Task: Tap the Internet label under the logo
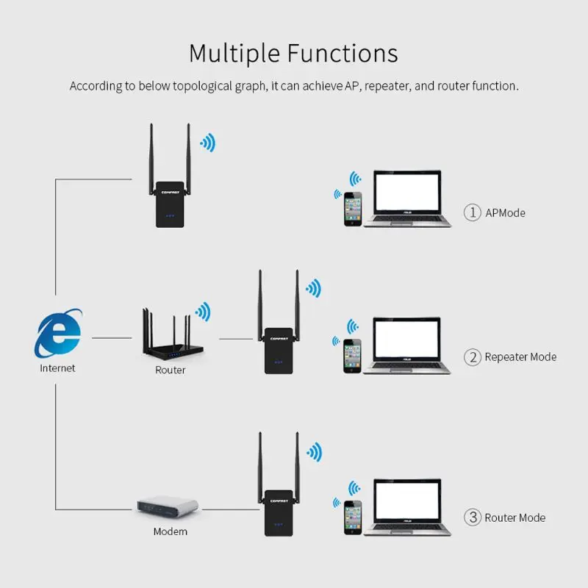57,367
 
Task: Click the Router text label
170,370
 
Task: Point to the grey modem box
168,507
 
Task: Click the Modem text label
170,531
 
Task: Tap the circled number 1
471,212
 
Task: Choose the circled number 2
471,357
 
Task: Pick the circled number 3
471,517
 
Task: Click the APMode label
505,213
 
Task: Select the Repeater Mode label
520,357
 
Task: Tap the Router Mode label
514,517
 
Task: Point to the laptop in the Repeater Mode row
406,345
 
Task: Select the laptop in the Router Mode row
406,506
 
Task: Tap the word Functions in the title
343,54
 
